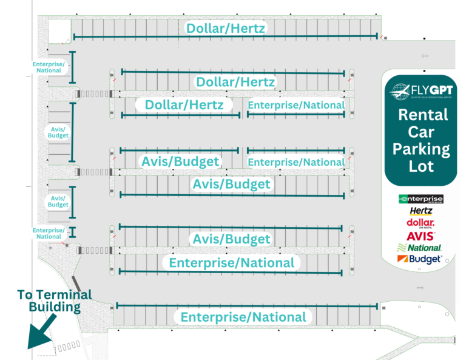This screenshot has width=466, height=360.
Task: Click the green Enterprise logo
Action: point(420,199)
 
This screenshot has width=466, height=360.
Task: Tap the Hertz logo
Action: point(420,211)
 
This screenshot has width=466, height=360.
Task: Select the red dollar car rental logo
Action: point(420,223)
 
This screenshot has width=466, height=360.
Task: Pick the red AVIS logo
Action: point(420,236)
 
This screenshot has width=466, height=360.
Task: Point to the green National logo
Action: point(419,248)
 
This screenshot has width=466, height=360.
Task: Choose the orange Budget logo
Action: point(419,259)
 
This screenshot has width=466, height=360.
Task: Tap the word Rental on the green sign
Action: point(424,115)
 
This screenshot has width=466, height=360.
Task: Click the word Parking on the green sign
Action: point(421,149)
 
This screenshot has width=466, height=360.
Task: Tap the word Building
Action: point(54,307)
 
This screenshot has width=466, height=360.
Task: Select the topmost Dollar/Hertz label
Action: point(226,27)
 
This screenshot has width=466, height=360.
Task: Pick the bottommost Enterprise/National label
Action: point(243,317)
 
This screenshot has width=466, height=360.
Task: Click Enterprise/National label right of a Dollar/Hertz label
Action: point(296,105)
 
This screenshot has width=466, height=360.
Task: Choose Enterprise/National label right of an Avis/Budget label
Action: point(296,162)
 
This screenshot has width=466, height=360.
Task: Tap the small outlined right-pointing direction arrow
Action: point(419,287)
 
